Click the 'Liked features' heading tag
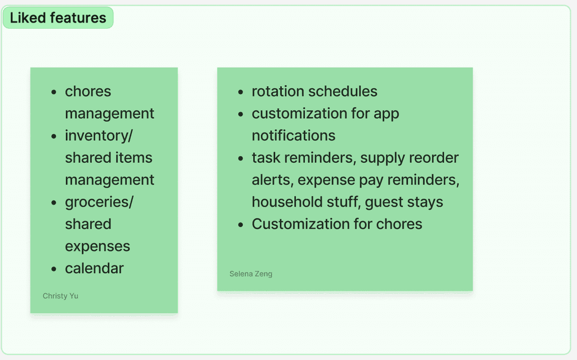point(58,17)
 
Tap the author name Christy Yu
point(60,296)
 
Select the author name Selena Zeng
point(251,274)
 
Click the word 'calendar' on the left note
point(94,268)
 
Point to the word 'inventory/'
point(99,136)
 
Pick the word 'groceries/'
point(99,202)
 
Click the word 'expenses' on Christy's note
point(97,247)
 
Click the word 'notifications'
point(293,135)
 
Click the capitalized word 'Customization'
point(300,224)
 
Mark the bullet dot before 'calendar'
point(54,269)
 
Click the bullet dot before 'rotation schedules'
point(241,92)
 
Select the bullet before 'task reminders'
point(241,159)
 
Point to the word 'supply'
point(379,158)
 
